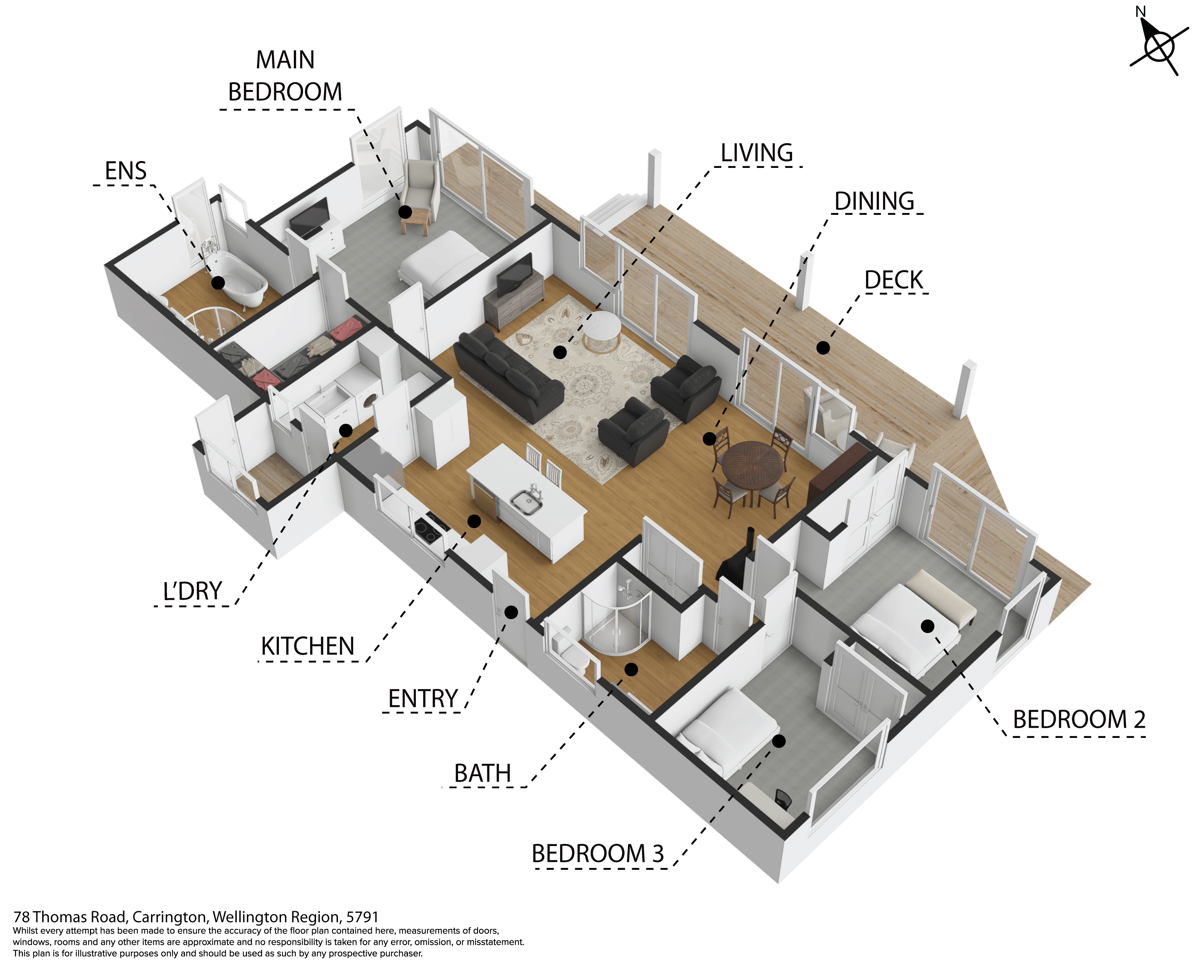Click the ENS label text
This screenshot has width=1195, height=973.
coord(126,171)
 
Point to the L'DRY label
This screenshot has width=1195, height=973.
coord(192,591)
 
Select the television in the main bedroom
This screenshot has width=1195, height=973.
coord(309,217)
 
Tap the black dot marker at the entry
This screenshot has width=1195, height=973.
coord(511,612)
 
